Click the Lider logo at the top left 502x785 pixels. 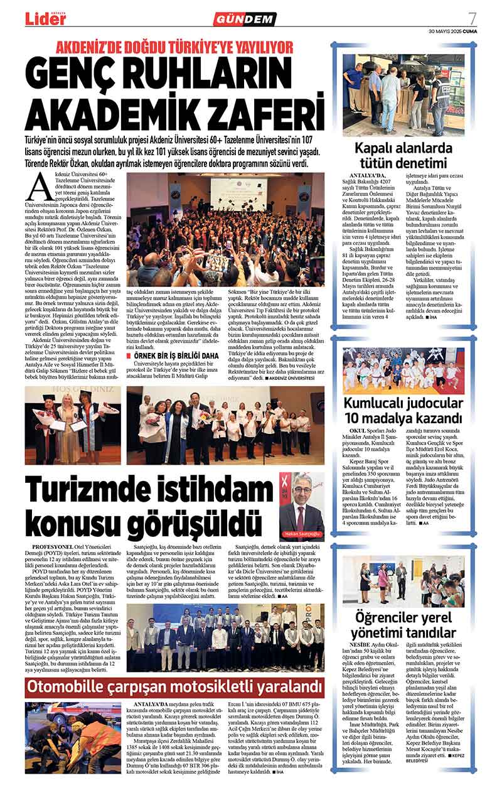click(45, 19)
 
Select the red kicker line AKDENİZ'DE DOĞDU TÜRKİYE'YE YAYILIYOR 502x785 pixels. click(175, 47)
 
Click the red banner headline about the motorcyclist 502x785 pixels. click(175, 685)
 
